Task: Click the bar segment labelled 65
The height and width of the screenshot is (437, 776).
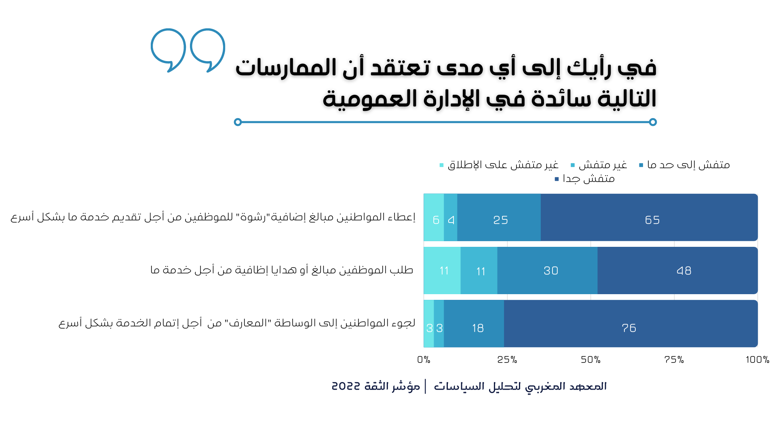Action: tap(649, 217)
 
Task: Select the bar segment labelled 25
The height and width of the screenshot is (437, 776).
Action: tap(499, 217)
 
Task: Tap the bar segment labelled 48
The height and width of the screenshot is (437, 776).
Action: tap(677, 270)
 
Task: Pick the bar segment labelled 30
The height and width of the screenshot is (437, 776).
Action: tap(547, 270)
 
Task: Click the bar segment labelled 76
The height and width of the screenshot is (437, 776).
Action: tap(631, 324)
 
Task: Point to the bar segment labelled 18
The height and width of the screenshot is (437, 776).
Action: tap(474, 324)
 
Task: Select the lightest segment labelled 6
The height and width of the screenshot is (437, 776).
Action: tap(434, 217)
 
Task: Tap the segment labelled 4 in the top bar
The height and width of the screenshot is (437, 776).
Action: tap(451, 217)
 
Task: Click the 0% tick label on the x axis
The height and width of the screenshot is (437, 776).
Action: tap(424, 360)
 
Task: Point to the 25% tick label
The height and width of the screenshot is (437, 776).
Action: tap(507, 360)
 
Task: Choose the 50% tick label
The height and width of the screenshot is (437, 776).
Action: tap(591, 360)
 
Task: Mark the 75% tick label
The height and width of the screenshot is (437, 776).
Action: tap(674, 360)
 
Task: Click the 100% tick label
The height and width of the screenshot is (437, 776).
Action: tap(757, 360)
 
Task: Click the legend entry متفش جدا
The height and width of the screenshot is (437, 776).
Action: tap(585, 178)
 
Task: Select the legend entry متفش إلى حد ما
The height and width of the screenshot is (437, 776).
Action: tap(685, 165)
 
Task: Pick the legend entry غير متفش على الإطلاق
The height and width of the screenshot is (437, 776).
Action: tap(499, 165)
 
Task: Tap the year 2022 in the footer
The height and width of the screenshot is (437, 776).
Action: tap(346, 386)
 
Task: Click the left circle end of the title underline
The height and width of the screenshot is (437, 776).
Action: tap(238, 122)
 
